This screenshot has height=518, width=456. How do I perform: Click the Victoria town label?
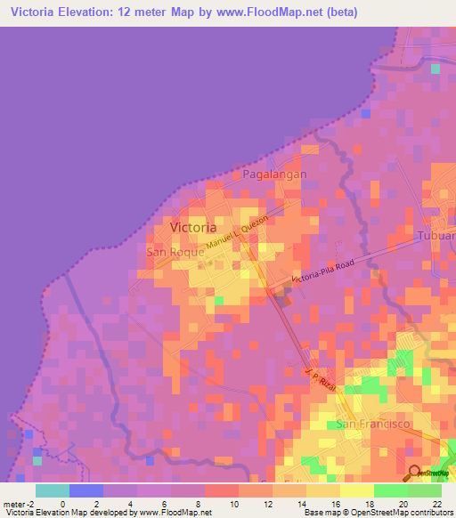192,227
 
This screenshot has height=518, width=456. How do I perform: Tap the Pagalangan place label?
274,174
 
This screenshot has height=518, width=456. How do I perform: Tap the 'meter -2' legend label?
18,504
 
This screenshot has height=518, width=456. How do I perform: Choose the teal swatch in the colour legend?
53,490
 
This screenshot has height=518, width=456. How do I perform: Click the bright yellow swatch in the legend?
357,490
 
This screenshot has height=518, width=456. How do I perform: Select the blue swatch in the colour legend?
86,490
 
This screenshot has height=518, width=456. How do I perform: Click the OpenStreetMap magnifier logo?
414,473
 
